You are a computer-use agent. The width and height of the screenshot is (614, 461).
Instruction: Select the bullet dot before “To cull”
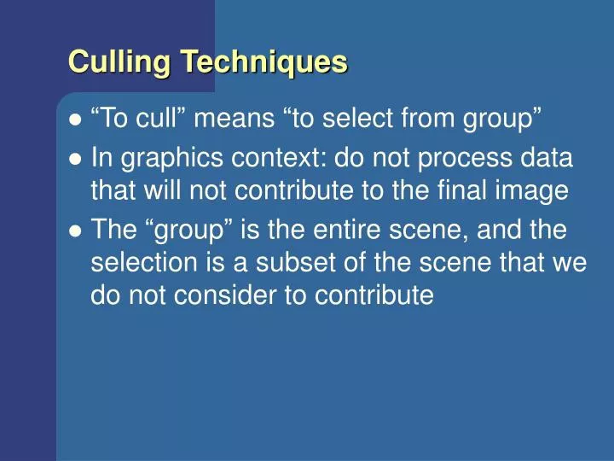point(75,120)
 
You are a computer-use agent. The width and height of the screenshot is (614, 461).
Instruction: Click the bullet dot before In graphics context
point(75,158)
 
